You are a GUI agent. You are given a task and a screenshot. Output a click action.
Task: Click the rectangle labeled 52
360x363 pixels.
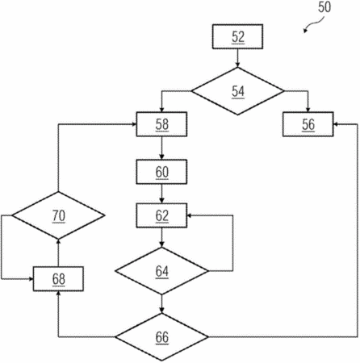click(x=237, y=36)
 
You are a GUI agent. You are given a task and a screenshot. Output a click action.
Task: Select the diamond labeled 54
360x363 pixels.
click(x=237, y=91)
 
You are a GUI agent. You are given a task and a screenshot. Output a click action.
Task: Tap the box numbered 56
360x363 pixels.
click(x=308, y=124)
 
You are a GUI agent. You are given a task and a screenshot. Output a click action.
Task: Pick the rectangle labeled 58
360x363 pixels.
click(x=161, y=124)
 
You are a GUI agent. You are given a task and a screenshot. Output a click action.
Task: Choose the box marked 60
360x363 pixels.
click(x=161, y=172)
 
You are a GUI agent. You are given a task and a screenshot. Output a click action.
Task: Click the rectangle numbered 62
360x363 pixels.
click(x=161, y=215)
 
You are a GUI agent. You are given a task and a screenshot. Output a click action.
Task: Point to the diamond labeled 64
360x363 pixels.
click(x=161, y=271)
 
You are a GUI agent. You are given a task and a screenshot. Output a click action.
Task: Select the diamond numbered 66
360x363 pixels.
click(x=161, y=337)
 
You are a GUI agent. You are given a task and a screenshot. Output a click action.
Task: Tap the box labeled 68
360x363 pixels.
click(x=58, y=279)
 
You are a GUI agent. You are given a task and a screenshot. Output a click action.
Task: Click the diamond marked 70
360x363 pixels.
click(x=58, y=215)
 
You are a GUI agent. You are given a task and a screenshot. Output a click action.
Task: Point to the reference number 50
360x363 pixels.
click(x=324, y=7)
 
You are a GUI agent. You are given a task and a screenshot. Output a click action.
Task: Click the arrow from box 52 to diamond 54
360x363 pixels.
click(x=237, y=58)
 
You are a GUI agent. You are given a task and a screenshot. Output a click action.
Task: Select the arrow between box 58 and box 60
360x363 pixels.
click(x=161, y=148)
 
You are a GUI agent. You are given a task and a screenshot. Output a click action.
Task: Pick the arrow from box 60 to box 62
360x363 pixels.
click(x=161, y=194)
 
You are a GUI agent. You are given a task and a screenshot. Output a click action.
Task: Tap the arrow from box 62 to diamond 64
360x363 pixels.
click(x=161, y=237)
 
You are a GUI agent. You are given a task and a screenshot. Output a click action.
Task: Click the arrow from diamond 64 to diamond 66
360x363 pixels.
click(x=161, y=304)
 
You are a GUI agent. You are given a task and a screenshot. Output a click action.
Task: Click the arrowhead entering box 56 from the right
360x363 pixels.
click(x=336, y=124)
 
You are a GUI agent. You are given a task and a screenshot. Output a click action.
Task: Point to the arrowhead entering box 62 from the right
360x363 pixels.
click(x=189, y=215)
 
